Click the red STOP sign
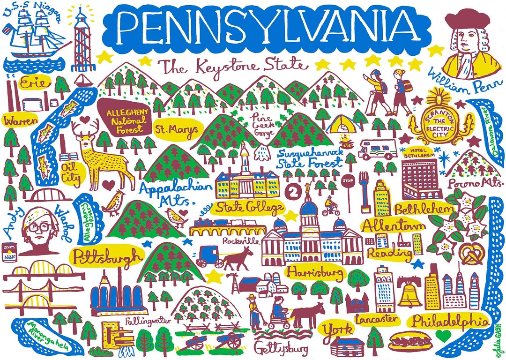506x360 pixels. click(347, 181)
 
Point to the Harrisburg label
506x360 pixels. click(315, 272)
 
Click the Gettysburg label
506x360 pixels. click(281, 348)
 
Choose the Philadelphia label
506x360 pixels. click(448, 321)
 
